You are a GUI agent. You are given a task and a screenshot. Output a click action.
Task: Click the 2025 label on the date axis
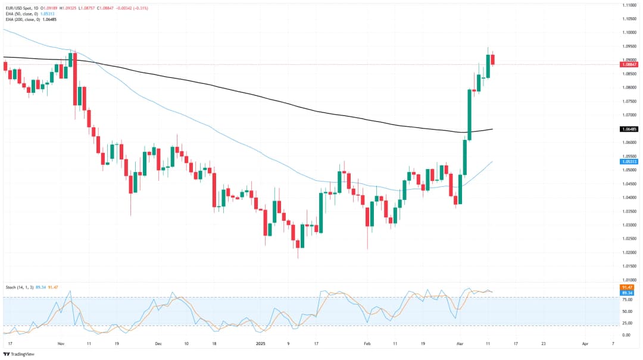261,344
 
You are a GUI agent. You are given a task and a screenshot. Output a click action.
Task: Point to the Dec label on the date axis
158,344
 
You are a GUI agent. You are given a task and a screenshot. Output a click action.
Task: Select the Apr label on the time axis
585,344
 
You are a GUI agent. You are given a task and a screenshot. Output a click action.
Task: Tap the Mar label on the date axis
458,344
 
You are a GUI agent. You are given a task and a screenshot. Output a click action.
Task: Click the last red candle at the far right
493,60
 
